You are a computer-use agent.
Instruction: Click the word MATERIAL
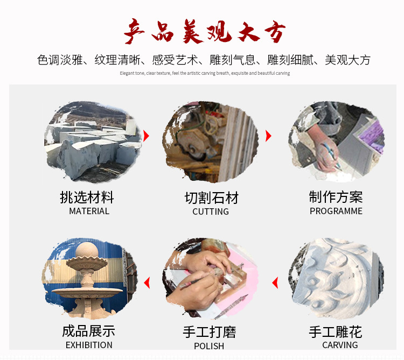coord(89,211)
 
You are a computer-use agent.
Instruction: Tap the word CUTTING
coord(211,211)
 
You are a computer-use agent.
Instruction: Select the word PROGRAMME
coord(336,211)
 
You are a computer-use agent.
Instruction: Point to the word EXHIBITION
coord(89,345)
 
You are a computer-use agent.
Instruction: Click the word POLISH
coord(209,346)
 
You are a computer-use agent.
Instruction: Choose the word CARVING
coord(340,345)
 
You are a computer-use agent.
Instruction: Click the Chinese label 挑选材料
coord(87,197)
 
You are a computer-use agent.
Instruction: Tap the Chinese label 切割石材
coord(211,198)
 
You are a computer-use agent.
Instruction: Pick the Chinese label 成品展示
coord(88,331)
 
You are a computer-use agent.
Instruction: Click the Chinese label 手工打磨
coord(209,332)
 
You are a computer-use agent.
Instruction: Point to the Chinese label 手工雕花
coord(335,331)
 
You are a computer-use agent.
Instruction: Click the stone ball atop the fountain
coord(85,251)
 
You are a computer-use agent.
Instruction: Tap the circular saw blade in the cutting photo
coord(192,144)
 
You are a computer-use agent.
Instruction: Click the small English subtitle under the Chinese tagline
coord(205,73)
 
